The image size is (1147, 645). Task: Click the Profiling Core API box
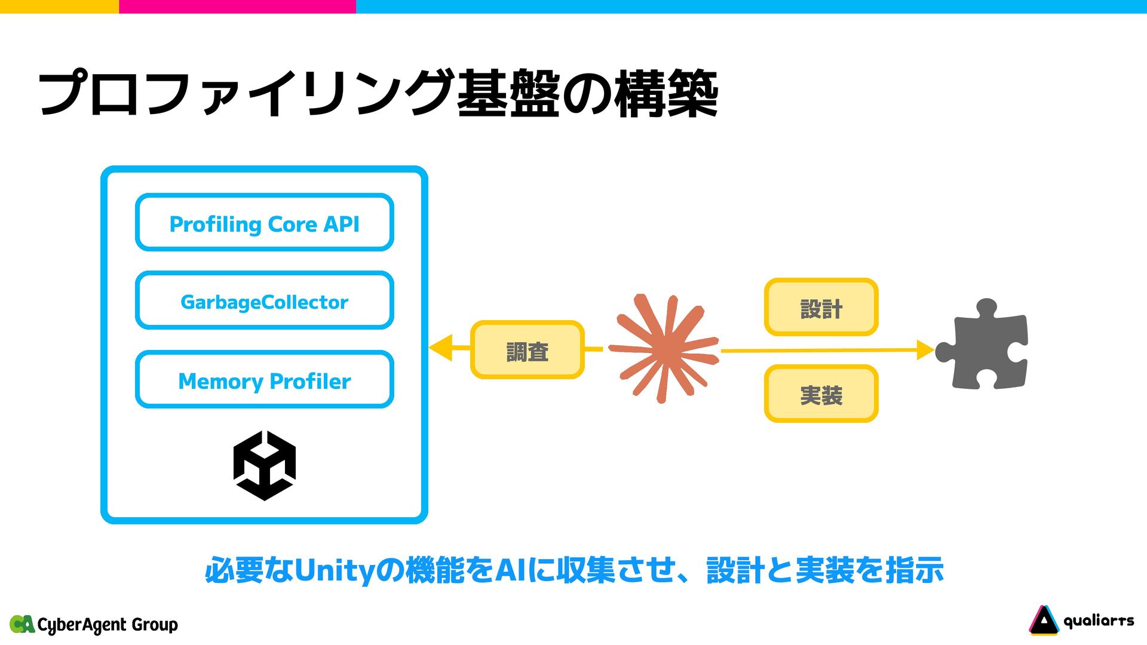(x=265, y=223)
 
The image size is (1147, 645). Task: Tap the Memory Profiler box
(x=265, y=380)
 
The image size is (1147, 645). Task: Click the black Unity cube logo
(x=265, y=466)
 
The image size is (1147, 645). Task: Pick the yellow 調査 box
(x=527, y=350)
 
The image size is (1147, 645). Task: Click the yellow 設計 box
(x=821, y=308)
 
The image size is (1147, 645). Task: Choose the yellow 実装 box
(x=821, y=394)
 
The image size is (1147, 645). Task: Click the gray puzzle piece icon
(x=983, y=346)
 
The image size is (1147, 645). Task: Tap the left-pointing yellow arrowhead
(x=441, y=348)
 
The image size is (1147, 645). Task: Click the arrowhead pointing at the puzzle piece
(x=925, y=350)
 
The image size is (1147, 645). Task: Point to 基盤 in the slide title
(x=508, y=94)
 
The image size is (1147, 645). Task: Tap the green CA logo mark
(x=22, y=624)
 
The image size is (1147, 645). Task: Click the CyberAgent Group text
(x=108, y=625)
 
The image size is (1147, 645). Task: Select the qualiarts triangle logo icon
(x=1043, y=621)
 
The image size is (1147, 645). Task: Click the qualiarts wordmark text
(x=1099, y=621)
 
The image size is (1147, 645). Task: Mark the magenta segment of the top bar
(x=237, y=6)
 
